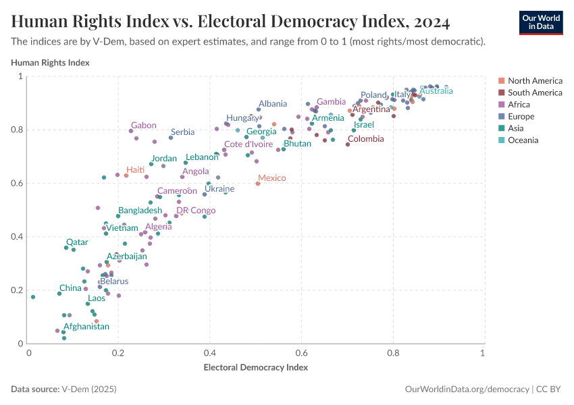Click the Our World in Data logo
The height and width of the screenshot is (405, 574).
tap(540, 23)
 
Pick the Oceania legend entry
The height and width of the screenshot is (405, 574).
tap(523, 140)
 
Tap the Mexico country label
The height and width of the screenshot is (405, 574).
tap(272, 178)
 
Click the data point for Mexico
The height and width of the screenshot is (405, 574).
tap(258, 184)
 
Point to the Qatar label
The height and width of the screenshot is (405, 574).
tap(76, 242)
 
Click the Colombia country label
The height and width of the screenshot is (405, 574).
tap(365, 139)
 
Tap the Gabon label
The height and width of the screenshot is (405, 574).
tap(144, 126)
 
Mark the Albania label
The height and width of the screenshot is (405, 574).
tap(273, 104)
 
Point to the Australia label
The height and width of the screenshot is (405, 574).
tap(436, 91)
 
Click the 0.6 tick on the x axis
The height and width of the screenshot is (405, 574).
tap(301, 352)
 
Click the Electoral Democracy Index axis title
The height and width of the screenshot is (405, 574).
tap(255, 368)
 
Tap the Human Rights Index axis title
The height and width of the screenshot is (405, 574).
tap(51, 63)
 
